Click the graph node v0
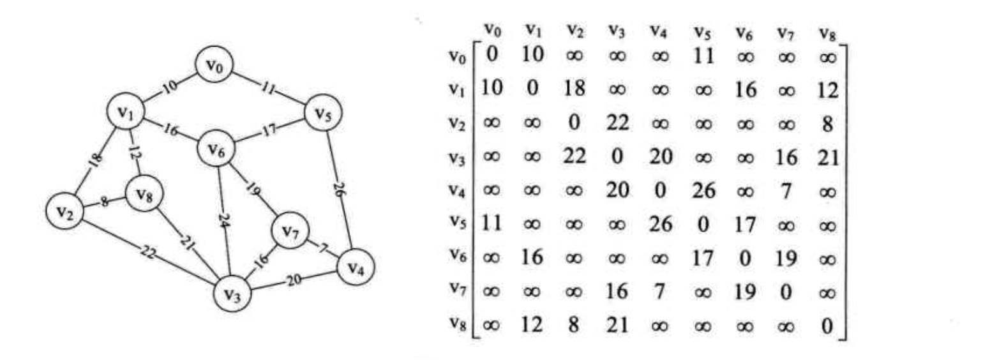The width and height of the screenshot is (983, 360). tap(214, 66)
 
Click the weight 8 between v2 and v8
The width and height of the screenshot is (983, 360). tap(104, 203)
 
